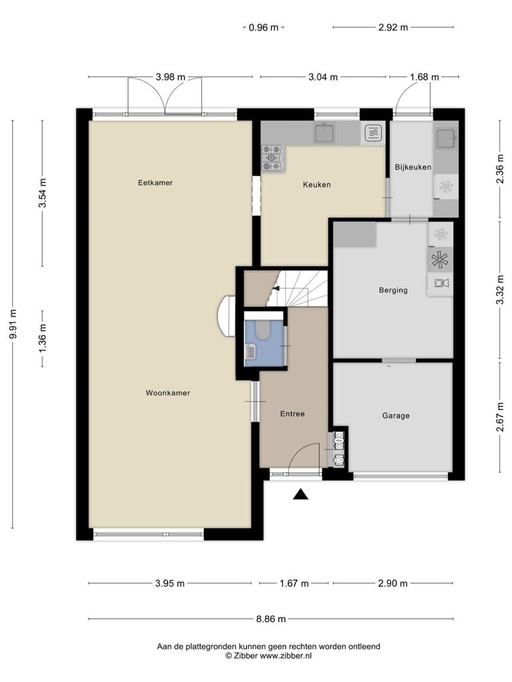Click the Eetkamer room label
pos(155,182)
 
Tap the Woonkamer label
pos(167,393)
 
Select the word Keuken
pos(317,184)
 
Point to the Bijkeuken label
pos(413,167)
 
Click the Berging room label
pos(393,290)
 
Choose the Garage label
pos(396,416)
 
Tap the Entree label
pos(292,414)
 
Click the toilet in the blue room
pos(262,329)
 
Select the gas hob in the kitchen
pos(273,157)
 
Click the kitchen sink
pos(325,133)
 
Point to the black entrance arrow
pos(301,494)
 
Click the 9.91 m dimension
pos(13,324)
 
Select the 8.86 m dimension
pos(271,619)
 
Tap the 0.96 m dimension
pos(263,27)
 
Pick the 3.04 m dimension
pos(323,77)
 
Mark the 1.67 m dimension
pos(294,583)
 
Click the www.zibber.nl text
pos(285,656)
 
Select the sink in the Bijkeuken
pos(446,137)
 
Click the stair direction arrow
pos(275,288)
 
